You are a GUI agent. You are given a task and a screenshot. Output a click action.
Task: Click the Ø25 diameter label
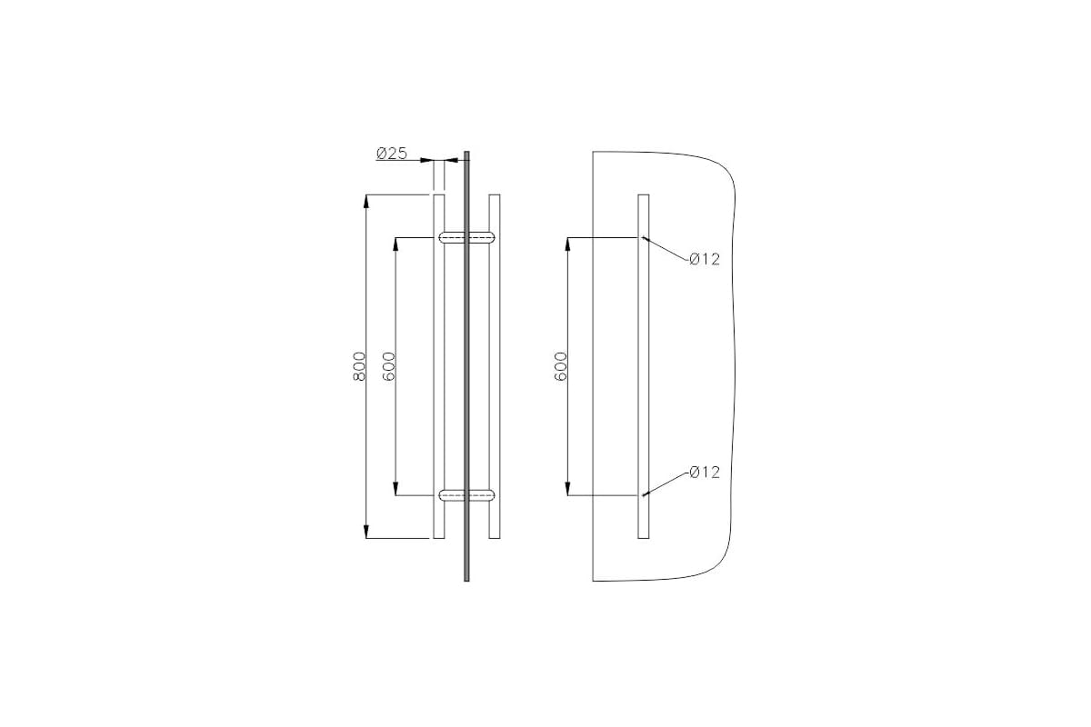(392, 154)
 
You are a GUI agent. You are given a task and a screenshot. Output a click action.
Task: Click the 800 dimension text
(359, 366)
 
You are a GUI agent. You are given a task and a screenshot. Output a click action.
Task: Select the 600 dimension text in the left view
(388, 366)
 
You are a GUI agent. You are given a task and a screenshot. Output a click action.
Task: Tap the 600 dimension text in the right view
(561, 366)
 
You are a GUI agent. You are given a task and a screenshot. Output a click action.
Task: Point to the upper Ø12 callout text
(705, 259)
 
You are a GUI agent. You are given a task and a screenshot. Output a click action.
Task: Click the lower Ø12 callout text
(705, 472)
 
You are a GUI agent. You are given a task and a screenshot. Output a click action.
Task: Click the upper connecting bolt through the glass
(466, 237)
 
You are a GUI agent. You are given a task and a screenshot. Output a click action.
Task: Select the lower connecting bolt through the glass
(466, 495)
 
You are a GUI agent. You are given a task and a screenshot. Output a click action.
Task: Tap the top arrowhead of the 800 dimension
(366, 201)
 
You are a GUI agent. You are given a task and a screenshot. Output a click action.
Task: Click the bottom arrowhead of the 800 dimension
(366, 532)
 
